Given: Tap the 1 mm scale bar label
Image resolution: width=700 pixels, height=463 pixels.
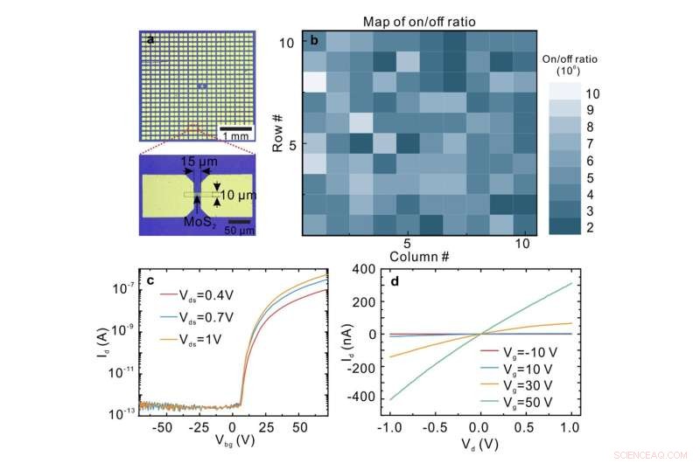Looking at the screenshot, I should click(234, 137).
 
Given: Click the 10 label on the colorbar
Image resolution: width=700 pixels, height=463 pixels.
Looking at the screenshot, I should click(592, 93).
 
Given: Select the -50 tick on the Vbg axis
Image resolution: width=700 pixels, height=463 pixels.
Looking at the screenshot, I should click(159, 431).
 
